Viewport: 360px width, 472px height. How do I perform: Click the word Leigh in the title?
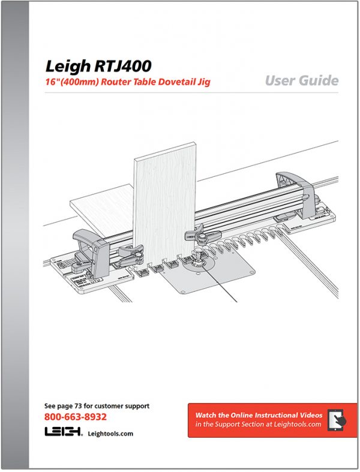click(x=68, y=67)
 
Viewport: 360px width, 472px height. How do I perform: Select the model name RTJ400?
click(x=122, y=66)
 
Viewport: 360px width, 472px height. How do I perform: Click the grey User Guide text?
click(x=302, y=80)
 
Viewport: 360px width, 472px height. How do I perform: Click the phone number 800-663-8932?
click(x=76, y=417)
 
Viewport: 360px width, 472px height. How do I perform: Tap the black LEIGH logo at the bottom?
click(x=63, y=431)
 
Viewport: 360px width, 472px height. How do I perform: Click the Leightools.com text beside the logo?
click(x=110, y=434)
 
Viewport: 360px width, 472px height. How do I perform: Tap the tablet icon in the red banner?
click(x=337, y=420)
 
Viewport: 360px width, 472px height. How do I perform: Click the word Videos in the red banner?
click(x=311, y=415)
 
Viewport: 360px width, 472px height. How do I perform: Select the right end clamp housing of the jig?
click(x=295, y=194)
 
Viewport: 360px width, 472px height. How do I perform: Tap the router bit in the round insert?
click(x=199, y=255)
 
